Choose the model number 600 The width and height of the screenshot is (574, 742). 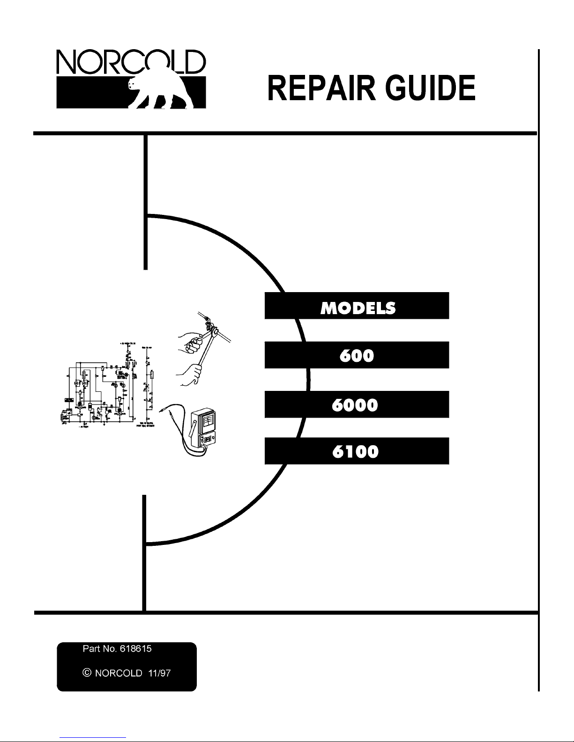(357, 355)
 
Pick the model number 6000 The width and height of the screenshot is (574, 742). (357, 404)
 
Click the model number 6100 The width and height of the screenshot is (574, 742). (357, 451)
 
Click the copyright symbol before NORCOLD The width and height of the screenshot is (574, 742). (86, 673)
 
